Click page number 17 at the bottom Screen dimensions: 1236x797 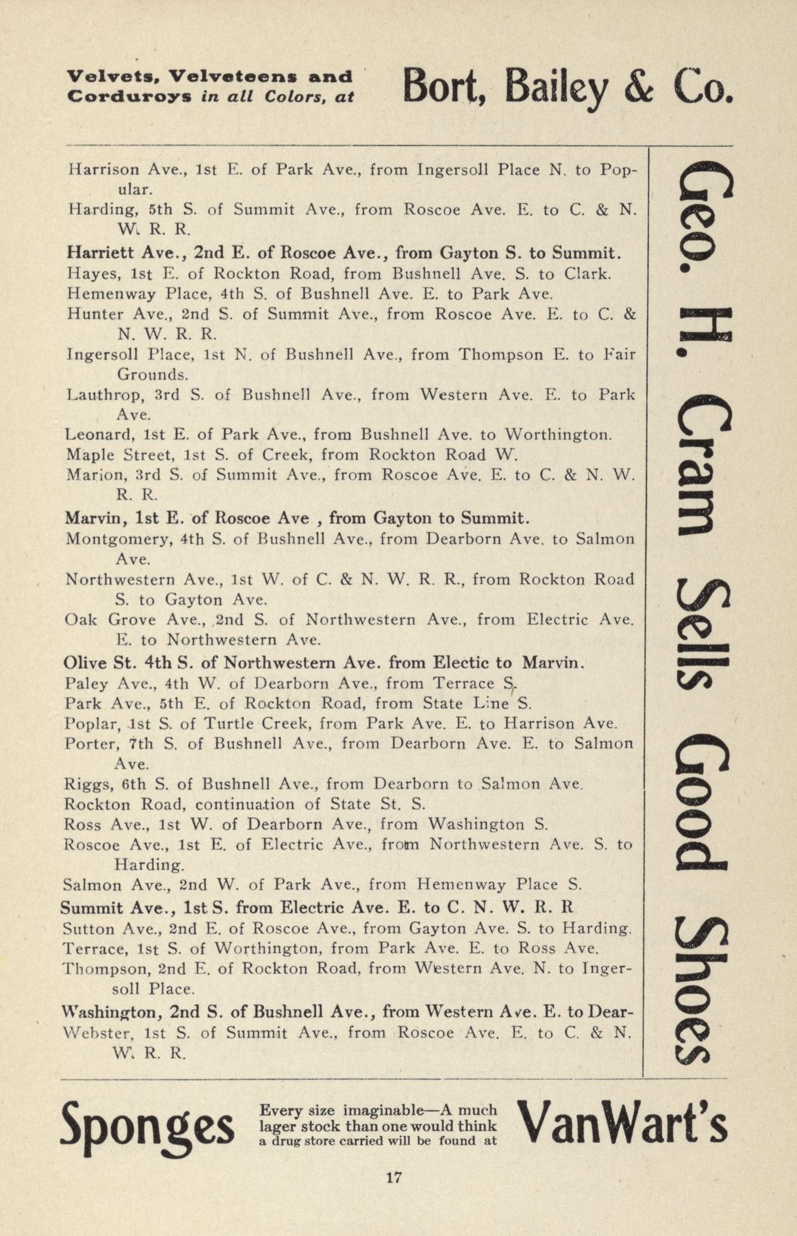[394, 1178]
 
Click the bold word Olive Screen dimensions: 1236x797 [84, 662]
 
